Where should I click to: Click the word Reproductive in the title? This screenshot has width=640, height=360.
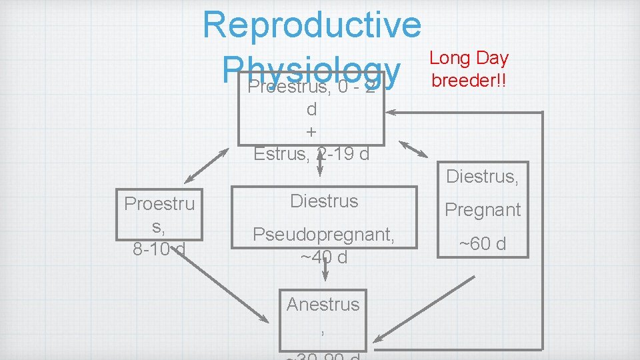click(x=312, y=24)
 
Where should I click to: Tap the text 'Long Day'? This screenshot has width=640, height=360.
click(x=469, y=58)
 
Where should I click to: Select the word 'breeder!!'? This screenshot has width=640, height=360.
click(x=469, y=80)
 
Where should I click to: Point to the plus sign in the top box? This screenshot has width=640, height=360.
click(x=311, y=131)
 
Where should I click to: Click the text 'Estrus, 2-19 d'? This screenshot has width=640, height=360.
click(x=311, y=154)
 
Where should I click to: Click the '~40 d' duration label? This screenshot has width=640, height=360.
click(x=324, y=257)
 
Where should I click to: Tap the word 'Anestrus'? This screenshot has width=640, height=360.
click(x=323, y=304)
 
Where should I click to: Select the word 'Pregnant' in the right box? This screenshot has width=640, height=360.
click(x=483, y=209)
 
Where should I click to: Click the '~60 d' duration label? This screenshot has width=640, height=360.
click(x=483, y=243)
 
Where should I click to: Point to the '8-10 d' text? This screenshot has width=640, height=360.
click(x=159, y=249)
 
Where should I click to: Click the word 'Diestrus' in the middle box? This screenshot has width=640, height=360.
click(x=324, y=201)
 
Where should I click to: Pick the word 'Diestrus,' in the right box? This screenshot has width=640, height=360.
click(x=483, y=176)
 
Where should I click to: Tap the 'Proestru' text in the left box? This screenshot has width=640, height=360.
click(x=159, y=203)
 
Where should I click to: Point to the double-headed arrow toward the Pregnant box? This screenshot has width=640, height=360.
click(x=413, y=149)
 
